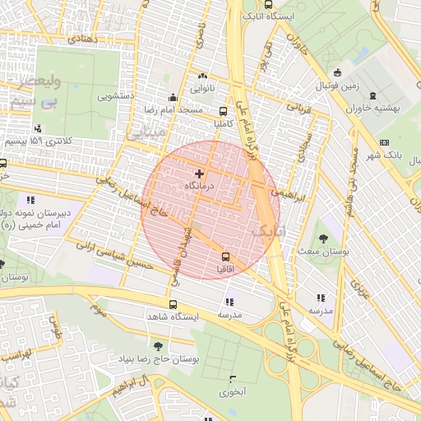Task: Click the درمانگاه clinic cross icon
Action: point(199,173)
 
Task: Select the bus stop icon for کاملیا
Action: point(224,110)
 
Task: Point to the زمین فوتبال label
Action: point(339,86)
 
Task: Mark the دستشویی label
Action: point(116,95)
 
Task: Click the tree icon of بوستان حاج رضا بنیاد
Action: point(158,345)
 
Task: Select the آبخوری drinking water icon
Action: point(233,379)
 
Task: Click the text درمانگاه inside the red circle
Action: point(200,187)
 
